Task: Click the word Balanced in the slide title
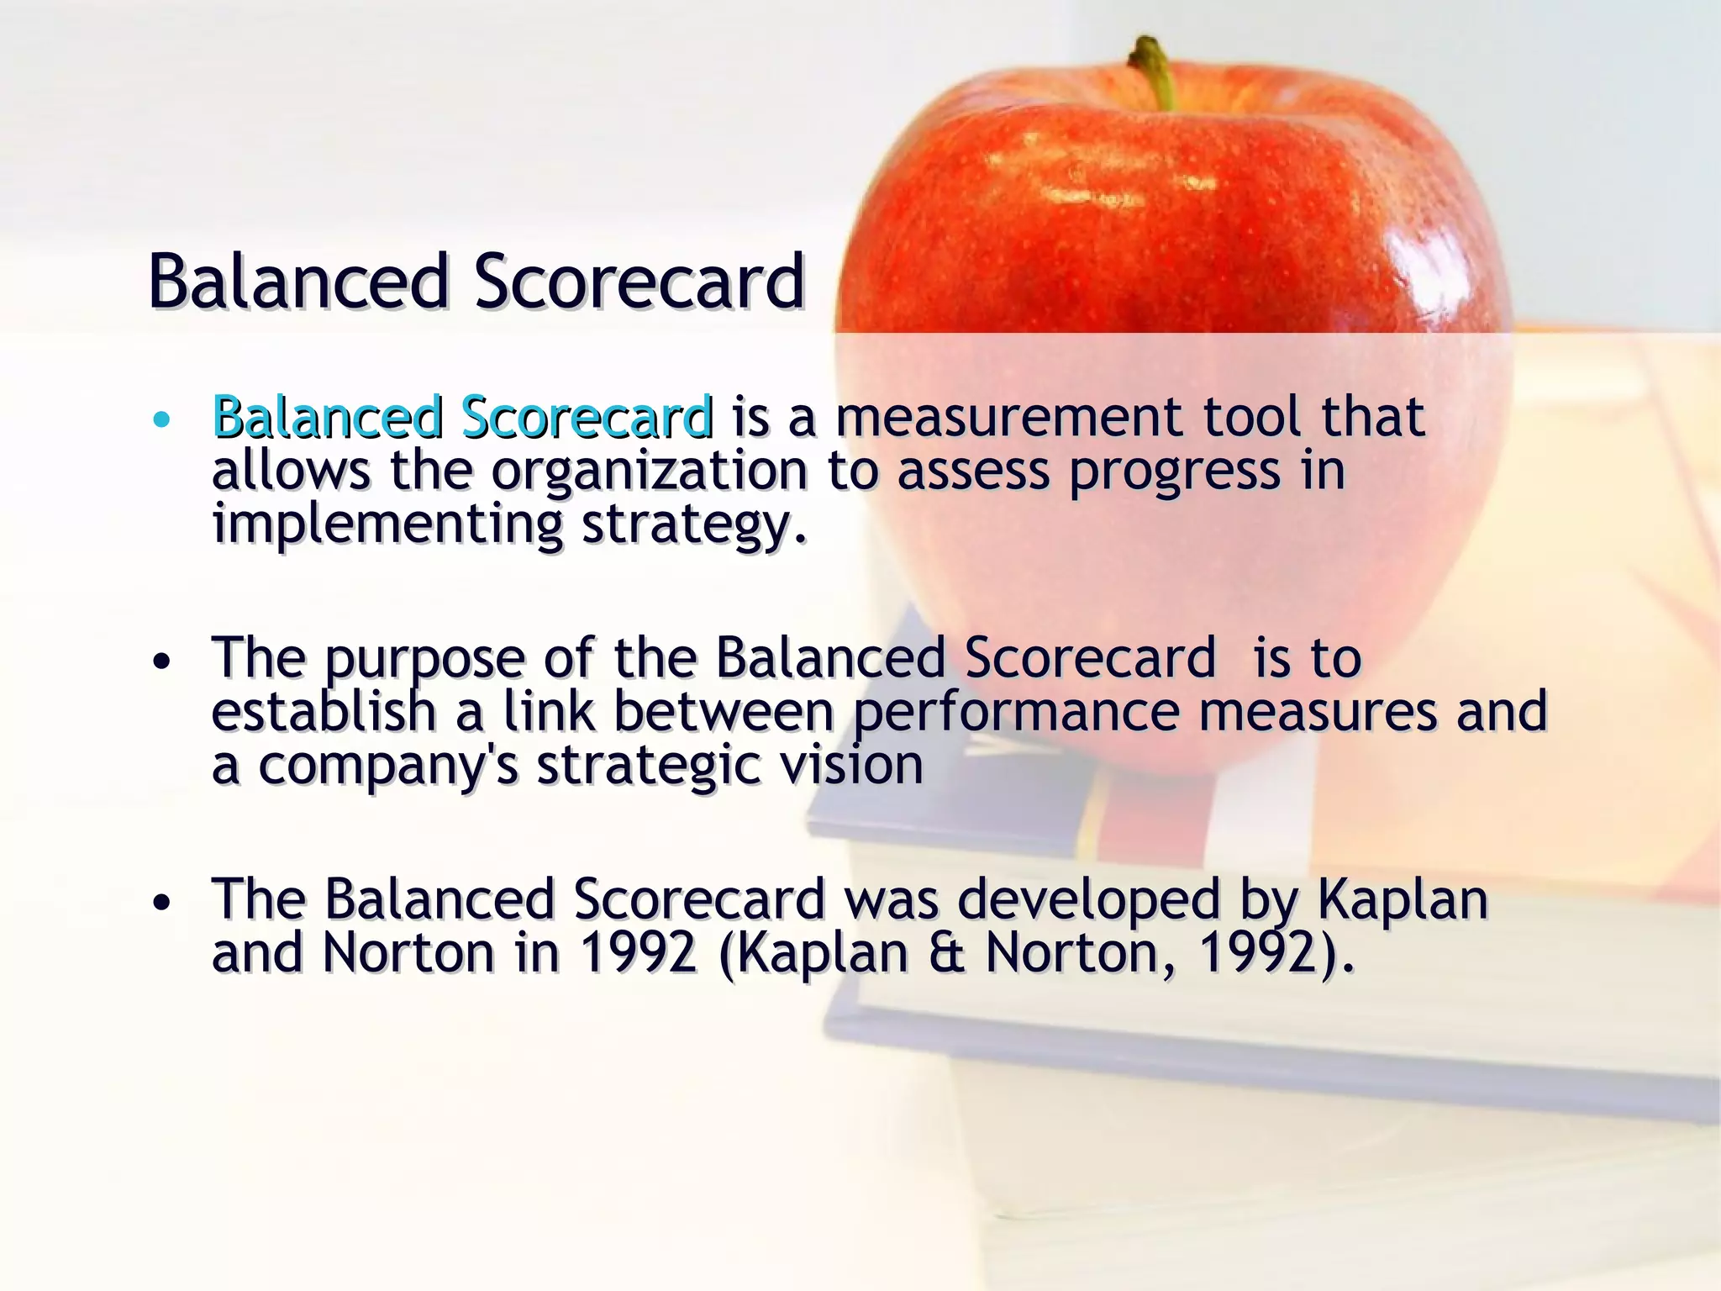[298, 282]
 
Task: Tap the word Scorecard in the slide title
[639, 282]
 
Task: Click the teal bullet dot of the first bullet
[163, 419]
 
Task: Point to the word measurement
[1009, 418]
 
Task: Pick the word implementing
[387, 524]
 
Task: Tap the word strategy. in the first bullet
[694, 524]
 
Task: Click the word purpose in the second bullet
[424, 660]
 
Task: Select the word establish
[324, 712]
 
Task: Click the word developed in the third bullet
[1088, 900]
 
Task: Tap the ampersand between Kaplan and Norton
[947, 954]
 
